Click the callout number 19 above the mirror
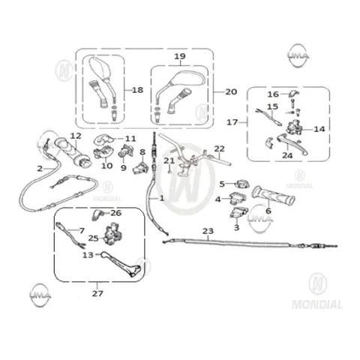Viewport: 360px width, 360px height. point(180,56)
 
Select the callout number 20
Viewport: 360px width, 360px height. point(231,91)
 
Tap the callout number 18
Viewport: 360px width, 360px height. point(137,90)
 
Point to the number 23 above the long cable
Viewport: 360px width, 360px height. point(208,231)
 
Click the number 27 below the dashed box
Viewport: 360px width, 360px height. point(97,293)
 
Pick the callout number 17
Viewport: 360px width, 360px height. point(232,122)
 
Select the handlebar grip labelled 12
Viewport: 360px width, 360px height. point(73,152)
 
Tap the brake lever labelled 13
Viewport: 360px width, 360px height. point(121,265)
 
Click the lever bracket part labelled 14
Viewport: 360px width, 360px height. point(294,127)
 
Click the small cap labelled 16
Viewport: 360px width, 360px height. point(294,94)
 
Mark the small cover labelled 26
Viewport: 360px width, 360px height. point(98,214)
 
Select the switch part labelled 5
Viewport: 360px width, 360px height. point(242,184)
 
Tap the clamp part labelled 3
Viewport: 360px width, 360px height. point(238,212)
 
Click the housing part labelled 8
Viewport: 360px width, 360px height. point(140,168)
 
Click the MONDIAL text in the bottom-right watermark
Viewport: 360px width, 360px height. point(317,304)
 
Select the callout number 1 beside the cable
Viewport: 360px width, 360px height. point(162,198)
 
